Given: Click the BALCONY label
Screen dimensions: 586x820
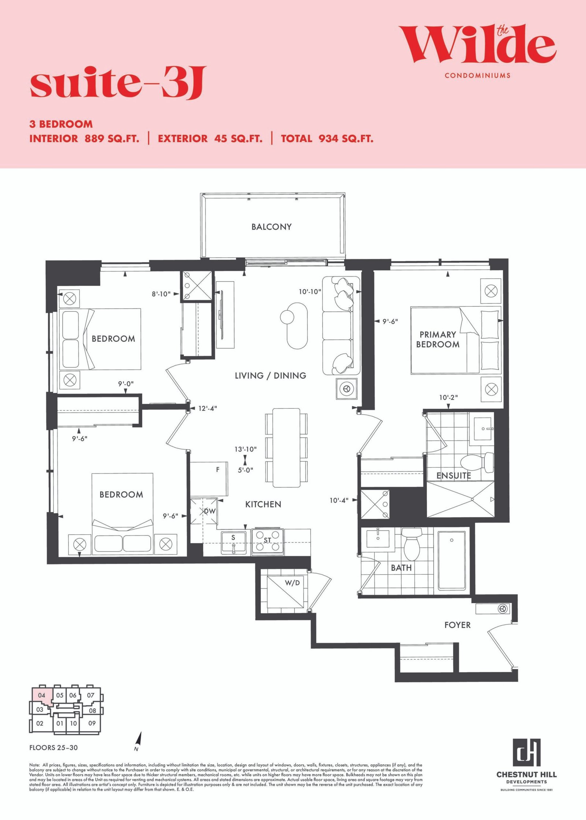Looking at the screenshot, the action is (271, 227).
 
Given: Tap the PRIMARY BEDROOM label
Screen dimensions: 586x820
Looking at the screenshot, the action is (438, 339).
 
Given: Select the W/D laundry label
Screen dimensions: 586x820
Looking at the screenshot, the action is (292, 583).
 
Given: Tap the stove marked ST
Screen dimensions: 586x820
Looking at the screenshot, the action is (267, 541).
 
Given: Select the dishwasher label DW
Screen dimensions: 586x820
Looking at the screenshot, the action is (209, 511).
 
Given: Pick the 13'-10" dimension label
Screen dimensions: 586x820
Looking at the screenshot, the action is (245, 449).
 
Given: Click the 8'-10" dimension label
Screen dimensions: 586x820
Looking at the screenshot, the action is (161, 294).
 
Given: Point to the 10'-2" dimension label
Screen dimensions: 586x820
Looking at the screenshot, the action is (449, 397).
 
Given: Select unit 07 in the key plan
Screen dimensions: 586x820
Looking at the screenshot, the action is (90, 695).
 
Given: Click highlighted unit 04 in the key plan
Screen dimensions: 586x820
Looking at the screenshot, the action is (41, 695).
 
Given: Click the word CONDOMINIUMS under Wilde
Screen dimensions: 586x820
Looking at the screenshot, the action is (478, 75).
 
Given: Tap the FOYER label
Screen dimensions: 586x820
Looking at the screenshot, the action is (457, 625).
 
